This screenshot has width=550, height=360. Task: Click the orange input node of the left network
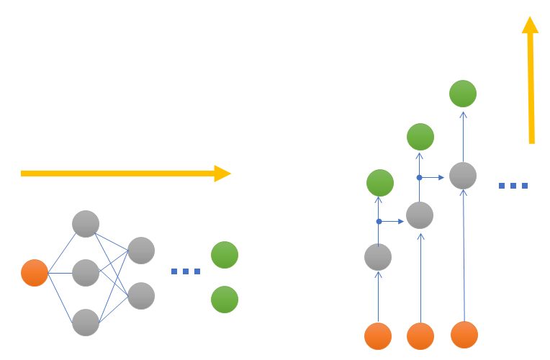click(35, 273)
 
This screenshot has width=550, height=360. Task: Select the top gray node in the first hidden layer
click(85, 223)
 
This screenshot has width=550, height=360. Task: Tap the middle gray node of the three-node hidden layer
click(85, 272)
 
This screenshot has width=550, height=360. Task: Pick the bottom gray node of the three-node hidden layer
click(85, 322)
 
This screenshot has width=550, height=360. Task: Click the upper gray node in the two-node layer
click(141, 250)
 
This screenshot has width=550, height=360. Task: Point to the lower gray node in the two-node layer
click(141, 295)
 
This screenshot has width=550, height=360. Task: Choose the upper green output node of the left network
click(225, 255)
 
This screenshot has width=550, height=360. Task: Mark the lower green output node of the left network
click(225, 300)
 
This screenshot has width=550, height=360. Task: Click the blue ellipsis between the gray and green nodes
click(185, 271)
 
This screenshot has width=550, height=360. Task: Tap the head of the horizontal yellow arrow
click(223, 173)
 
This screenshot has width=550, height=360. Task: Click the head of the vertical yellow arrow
click(531, 25)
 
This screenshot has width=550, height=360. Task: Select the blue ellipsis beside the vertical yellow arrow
click(513, 186)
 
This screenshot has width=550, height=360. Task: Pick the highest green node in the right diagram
click(463, 93)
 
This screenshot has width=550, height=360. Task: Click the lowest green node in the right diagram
click(380, 183)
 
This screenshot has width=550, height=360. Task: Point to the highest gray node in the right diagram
click(463, 175)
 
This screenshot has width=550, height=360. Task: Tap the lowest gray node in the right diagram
click(378, 256)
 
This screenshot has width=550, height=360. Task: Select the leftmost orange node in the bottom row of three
click(378, 336)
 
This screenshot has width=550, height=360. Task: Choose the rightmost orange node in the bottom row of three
click(464, 334)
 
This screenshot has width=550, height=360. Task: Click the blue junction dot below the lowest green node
click(379, 221)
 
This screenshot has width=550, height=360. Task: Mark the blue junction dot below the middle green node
click(419, 176)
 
